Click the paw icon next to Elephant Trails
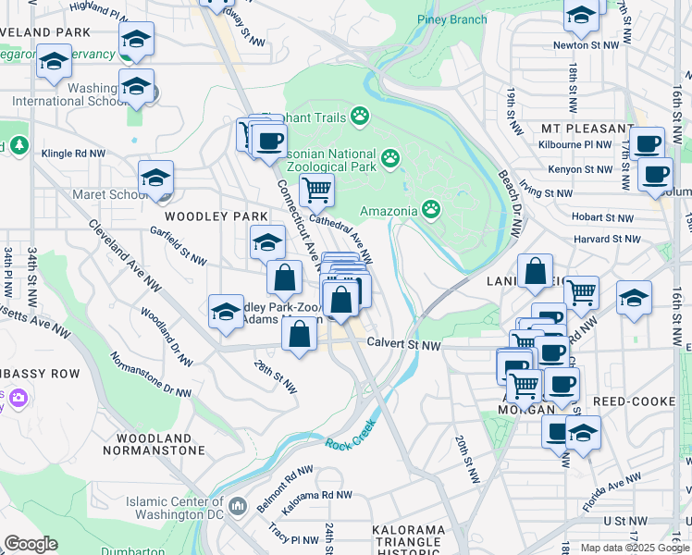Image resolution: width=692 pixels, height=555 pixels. point(359,117)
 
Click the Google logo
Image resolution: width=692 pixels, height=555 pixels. point(31,544)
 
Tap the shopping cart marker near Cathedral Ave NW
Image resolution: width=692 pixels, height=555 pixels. point(316,190)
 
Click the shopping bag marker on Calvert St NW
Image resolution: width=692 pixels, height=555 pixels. point(298,334)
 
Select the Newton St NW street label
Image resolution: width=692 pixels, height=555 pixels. point(585,44)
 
